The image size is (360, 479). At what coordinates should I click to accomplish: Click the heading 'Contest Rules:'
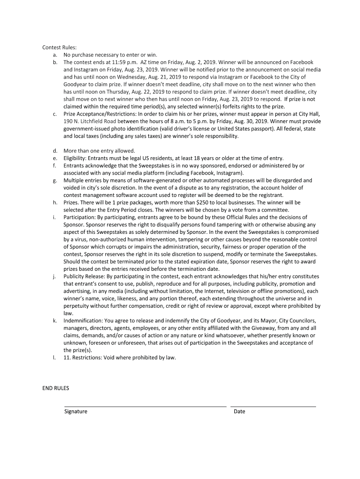59,47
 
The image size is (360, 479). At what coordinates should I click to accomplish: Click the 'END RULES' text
56,388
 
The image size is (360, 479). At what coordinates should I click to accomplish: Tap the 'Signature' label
76,412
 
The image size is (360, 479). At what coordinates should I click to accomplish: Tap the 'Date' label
239,412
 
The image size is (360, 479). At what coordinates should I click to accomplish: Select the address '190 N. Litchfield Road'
90,122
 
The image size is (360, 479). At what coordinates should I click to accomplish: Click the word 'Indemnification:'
82,321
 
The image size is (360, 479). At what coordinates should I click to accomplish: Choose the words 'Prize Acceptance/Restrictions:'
98,114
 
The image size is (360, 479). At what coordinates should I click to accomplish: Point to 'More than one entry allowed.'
99,151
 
